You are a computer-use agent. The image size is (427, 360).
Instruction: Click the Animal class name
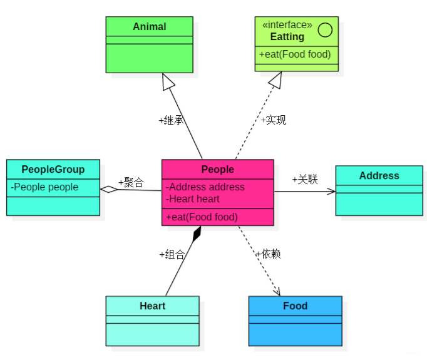click(x=149, y=27)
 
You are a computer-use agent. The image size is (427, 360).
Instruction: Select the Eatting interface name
click(x=287, y=37)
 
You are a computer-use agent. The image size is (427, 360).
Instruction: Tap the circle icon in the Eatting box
click(x=325, y=29)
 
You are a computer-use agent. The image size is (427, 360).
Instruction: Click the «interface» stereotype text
click(x=287, y=25)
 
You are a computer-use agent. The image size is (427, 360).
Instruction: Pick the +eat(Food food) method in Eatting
click(x=295, y=54)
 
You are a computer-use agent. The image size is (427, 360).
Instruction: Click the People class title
click(x=217, y=170)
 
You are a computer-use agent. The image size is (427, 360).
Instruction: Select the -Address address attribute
click(x=205, y=187)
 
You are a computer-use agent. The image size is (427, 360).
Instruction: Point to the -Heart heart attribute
click(x=193, y=199)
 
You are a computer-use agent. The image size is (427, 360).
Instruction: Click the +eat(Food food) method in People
click(x=202, y=217)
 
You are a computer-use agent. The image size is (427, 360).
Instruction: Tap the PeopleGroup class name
click(x=53, y=170)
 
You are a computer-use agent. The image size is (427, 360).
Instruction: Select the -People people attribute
click(x=44, y=187)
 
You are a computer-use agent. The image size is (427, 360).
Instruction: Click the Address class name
click(x=379, y=176)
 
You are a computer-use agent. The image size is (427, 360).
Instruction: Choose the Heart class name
click(x=152, y=306)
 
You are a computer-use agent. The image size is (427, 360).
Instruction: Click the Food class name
click(x=295, y=306)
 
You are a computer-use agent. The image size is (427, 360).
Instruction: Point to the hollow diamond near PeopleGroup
click(x=110, y=189)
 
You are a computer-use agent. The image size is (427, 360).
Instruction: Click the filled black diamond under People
click(x=197, y=234)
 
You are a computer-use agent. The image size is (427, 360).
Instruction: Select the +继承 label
click(x=171, y=121)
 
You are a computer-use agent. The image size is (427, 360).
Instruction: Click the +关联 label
click(x=305, y=180)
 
